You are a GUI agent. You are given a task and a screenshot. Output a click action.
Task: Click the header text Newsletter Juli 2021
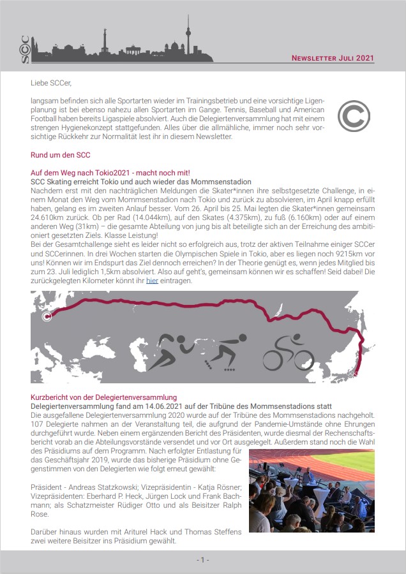point(333,58)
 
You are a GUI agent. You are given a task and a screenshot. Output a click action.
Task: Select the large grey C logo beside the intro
point(354,115)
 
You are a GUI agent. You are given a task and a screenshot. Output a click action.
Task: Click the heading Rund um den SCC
point(61,155)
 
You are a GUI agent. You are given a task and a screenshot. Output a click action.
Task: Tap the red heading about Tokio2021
point(110,173)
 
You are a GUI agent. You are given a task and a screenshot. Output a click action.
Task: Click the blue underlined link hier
point(152,281)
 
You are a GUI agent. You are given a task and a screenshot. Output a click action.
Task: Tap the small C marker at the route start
point(47,316)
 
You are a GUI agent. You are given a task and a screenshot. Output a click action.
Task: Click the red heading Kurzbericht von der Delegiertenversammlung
point(103,397)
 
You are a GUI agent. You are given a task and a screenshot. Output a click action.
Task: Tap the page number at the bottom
point(202,560)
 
